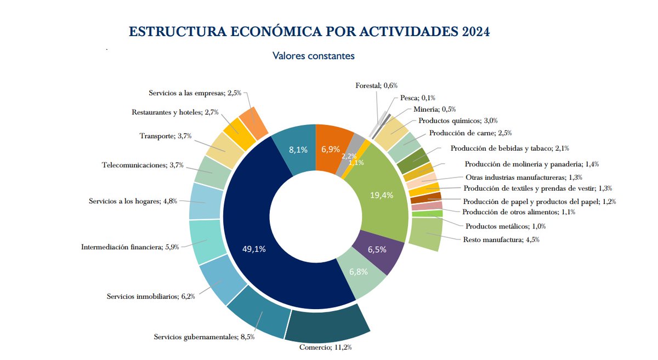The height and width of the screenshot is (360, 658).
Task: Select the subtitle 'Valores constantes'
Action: coord(314,56)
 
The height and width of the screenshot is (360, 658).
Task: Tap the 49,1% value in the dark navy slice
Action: coord(254,249)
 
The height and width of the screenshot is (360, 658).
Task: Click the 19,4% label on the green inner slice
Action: coord(382,195)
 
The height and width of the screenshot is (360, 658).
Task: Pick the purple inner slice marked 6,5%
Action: coord(377,250)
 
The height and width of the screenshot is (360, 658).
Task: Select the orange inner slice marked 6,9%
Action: coord(331,149)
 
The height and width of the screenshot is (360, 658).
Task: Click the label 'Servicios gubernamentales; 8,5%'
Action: coord(204,336)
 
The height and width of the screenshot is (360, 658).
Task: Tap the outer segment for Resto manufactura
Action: coord(426,234)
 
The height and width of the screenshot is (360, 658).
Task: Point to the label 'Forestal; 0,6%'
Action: coord(376,85)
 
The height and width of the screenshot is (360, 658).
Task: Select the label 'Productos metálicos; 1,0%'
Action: coord(505,226)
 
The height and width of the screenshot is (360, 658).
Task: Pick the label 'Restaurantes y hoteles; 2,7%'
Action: coord(175,112)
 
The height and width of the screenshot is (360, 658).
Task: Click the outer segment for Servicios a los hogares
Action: coord(205,201)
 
